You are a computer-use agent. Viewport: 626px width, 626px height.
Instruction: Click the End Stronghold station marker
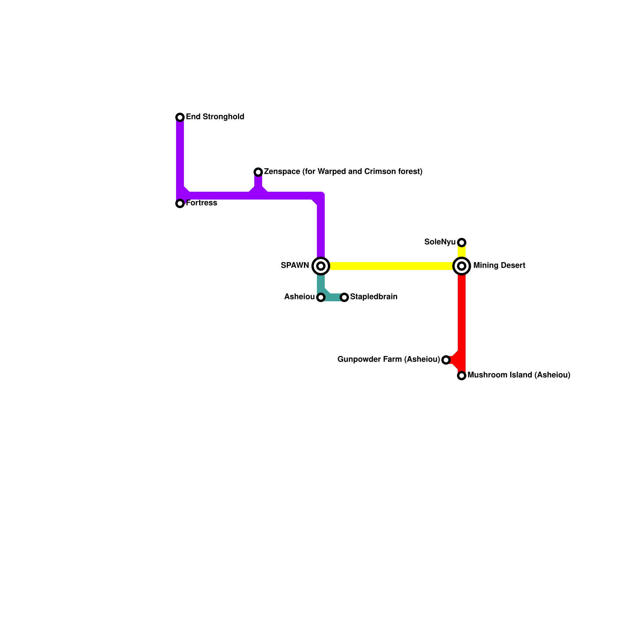180,117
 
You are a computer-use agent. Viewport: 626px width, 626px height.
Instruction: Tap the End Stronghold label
215,117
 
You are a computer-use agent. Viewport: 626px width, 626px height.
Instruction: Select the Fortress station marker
180,203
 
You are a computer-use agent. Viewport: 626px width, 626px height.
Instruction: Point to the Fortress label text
201,203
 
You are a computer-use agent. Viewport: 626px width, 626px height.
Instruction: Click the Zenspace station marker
258,172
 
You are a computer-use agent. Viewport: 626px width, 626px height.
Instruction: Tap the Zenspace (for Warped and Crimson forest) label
343,172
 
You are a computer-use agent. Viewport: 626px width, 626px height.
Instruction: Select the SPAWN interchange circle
321,266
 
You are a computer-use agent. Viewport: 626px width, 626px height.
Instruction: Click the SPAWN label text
295,266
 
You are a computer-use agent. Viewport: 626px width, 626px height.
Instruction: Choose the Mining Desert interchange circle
462,266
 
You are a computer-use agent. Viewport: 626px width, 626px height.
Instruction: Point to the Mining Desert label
499,266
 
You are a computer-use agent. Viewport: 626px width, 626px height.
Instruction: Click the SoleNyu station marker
462,243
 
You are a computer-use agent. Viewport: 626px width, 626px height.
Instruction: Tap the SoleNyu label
440,242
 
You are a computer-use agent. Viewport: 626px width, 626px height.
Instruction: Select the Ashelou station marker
321,297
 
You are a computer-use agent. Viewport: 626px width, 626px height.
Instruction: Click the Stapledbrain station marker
344,297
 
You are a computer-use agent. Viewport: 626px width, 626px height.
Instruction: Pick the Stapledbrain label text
374,297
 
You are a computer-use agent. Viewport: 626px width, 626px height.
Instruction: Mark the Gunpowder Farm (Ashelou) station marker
446,360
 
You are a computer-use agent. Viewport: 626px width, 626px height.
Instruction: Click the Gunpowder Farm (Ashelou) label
389,360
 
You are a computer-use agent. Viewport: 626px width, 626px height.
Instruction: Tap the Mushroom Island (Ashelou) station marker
462,376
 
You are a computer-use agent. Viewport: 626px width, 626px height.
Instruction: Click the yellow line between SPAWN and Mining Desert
391,266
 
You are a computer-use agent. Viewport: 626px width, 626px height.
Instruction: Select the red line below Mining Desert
462,313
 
